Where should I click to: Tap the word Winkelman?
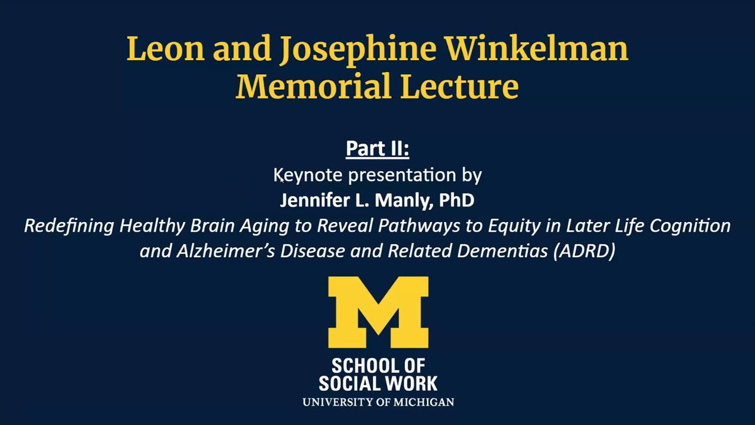click(x=536, y=49)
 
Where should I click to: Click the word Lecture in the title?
click(x=459, y=86)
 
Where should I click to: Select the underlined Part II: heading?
click(x=377, y=148)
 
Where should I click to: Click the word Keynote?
click(x=308, y=175)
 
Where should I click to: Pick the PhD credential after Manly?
click(x=457, y=200)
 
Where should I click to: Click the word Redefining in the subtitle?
click(x=69, y=225)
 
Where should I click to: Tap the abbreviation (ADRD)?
click(x=585, y=251)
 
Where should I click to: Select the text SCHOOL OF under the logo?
click(x=378, y=366)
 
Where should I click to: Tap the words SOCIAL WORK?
click(x=378, y=384)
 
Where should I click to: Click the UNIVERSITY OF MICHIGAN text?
click(x=378, y=402)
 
